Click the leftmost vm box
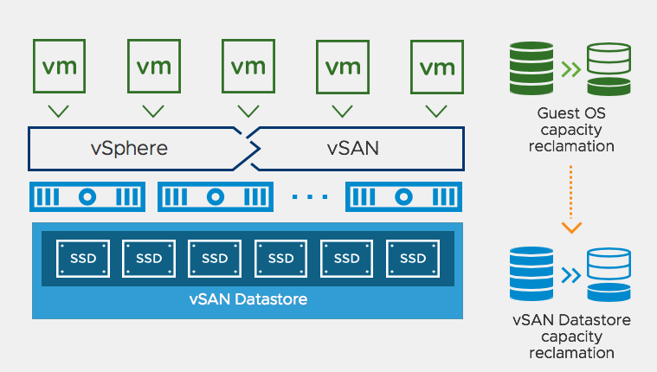58,65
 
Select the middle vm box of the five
248,65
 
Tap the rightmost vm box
437,65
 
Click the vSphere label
129,148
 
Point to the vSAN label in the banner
353,148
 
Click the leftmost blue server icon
86,196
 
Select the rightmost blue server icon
401,196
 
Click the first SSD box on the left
83,258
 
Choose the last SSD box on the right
413,258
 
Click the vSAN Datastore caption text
248,300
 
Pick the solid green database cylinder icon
531,70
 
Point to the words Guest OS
570,113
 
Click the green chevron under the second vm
153,111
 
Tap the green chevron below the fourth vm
342,111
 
